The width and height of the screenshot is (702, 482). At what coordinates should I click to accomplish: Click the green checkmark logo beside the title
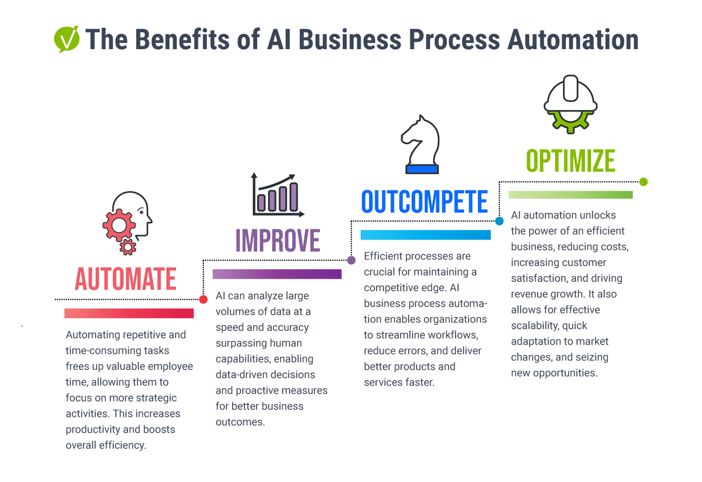[67, 39]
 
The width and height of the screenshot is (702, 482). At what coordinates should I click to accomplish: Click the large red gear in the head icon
[119, 225]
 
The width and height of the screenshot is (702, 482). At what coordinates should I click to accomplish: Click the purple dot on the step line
[351, 260]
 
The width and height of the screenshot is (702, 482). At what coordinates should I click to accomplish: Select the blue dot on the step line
[499, 221]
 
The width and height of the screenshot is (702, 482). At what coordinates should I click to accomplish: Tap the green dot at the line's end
[643, 182]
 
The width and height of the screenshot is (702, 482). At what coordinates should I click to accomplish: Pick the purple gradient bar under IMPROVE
[277, 274]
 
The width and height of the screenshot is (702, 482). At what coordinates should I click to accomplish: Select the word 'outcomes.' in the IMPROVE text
[240, 422]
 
